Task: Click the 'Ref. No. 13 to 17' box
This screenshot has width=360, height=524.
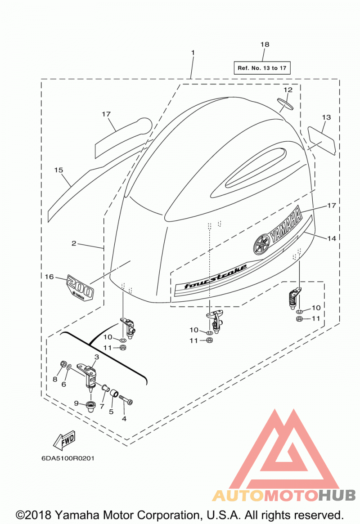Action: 262,68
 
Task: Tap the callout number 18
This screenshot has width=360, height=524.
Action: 265,44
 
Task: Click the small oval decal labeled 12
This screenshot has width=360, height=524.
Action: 285,103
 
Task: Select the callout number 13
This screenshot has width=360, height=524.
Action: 326,117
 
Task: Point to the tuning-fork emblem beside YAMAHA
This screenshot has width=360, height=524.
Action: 262,245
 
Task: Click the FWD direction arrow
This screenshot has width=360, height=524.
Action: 64,440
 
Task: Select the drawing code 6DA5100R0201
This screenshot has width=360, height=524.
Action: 68,458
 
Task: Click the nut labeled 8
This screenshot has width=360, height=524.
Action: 63,363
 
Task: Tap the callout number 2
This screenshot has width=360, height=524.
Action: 74,243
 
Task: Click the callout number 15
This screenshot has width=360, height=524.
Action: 58,170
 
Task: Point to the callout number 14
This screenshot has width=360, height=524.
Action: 331,238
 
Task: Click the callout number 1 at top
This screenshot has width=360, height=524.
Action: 193,53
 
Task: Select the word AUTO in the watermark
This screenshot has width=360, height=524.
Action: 238,495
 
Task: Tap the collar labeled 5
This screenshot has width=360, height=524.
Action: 114,394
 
